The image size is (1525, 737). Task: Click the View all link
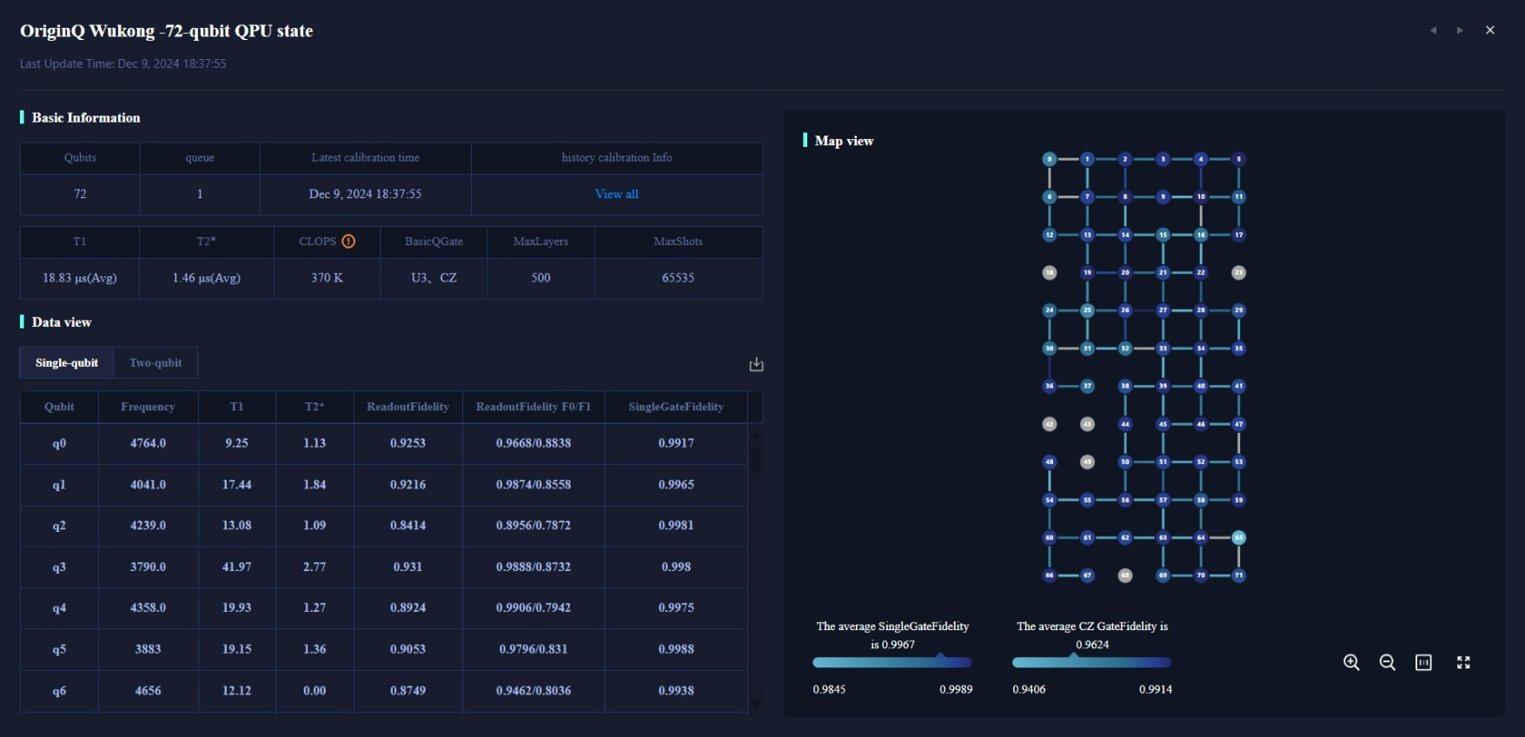pos(616,194)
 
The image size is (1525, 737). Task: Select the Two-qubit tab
pos(156,362)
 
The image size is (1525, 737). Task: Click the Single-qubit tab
pos(67,362)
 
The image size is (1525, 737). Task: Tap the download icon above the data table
pos(756,364)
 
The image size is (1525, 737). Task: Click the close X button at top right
pos(1489,30)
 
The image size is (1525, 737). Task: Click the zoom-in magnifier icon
pos(1351,662)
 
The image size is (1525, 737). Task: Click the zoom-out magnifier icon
pos(1387,662)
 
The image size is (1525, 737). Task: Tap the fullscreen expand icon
pos(1463,662)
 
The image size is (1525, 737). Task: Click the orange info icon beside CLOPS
pos(348,242)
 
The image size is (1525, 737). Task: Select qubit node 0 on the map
pos(1050,159)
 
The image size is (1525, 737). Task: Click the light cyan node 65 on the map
pos(1239,537)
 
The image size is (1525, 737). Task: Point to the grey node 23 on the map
pos(1239,273)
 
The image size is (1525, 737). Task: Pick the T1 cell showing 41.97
pos(236,567)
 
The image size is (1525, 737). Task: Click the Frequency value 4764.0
pos(148,443)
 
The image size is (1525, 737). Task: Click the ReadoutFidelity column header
pos(408,407)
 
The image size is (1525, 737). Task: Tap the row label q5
pos(59,649)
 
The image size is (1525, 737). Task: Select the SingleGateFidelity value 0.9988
pos(676,649)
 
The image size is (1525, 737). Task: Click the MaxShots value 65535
pos(678,278)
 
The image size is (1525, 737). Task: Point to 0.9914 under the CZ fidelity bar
pos(1155,689)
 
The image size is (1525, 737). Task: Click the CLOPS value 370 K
pos(327,278)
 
